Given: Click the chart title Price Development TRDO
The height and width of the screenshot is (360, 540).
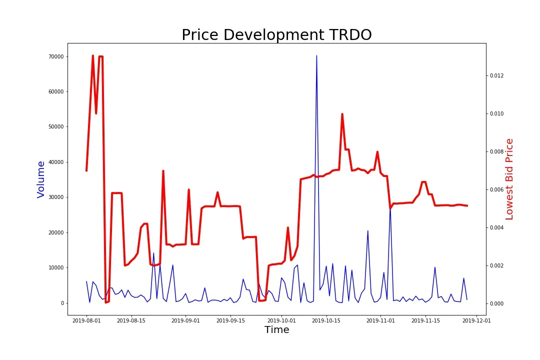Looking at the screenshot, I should tap(276, 35).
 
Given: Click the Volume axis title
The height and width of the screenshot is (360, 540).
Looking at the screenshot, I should tap(41, 179).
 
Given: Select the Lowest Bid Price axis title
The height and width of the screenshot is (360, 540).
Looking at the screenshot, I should tap(509, 179).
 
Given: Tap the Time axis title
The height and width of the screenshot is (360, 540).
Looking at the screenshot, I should tap(276, 330).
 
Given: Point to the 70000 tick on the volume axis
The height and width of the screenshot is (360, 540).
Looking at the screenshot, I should tap(55, 56).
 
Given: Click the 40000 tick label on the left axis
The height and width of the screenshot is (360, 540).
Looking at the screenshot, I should tap(55, 162).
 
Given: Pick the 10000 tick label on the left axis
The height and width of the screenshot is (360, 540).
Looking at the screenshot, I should tap(55, 268).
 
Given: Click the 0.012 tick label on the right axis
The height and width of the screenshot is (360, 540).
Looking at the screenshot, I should tap(497, 76).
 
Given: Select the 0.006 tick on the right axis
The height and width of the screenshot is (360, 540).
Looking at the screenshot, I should tap(497, 190).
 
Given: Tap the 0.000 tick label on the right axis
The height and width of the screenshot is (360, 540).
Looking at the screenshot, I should tap(497, 304).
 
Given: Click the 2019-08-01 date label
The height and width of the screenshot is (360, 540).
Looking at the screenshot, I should tap(86, 320).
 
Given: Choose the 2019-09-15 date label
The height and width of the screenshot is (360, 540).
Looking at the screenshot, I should tap(230, 320).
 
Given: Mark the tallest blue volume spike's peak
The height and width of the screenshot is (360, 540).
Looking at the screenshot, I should tap(316, 56).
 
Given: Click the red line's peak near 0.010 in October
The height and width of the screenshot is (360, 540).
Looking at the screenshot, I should tap(342, 114).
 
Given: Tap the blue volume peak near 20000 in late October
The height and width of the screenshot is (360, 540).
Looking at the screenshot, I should tap(367, 231).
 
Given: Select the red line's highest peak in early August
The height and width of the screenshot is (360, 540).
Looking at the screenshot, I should tap(93, 55).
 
